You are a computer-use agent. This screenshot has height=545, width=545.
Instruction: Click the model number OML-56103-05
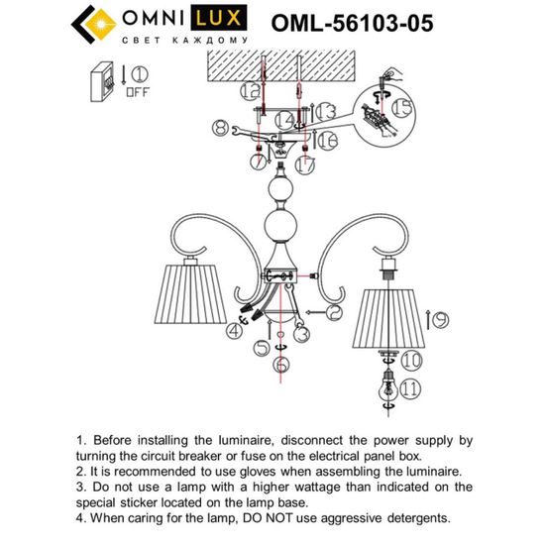point(352,24)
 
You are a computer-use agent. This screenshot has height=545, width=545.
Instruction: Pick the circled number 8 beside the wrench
point(219,127)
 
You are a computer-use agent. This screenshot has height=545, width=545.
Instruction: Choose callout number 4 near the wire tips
point(235,329)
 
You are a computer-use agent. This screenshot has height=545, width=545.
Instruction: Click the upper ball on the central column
point(278,189)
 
